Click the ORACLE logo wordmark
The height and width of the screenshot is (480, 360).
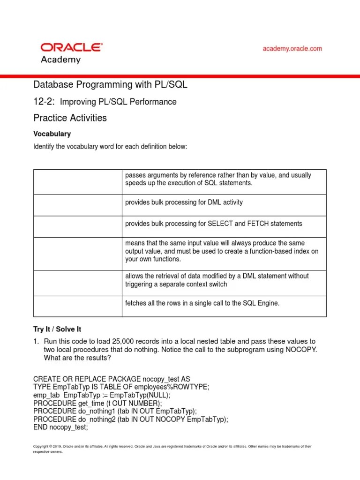[x=72, y=47]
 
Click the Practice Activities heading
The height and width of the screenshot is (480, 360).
[x=70, y=118]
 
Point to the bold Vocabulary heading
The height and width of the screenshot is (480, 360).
[x=52, y=134]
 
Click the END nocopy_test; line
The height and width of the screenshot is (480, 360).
[x=60, y=427]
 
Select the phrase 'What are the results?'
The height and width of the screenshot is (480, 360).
[x=77, y=358]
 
